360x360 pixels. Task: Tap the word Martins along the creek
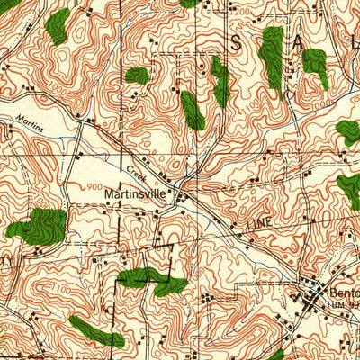click(28, 118)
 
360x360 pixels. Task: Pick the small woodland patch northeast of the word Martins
click(136, 75)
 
